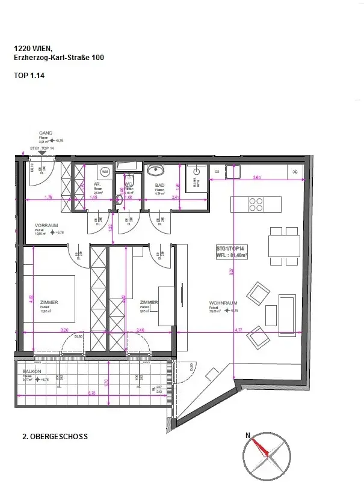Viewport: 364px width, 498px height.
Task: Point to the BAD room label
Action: (159, 186)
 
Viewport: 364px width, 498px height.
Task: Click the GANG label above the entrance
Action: (46, 133)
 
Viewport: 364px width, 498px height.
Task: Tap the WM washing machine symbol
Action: (105, 172)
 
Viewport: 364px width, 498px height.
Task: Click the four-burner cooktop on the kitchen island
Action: (256, 204)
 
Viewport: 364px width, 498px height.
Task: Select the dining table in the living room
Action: (285, 246)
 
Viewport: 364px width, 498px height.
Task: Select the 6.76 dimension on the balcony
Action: (91, 393)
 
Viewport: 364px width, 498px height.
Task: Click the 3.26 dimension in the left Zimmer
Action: (64, 329)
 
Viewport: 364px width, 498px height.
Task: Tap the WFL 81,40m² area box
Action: (232, 251)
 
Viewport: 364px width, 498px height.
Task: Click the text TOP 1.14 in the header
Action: (29, 76)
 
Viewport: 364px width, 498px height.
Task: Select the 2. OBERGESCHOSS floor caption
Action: (55, 437)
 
